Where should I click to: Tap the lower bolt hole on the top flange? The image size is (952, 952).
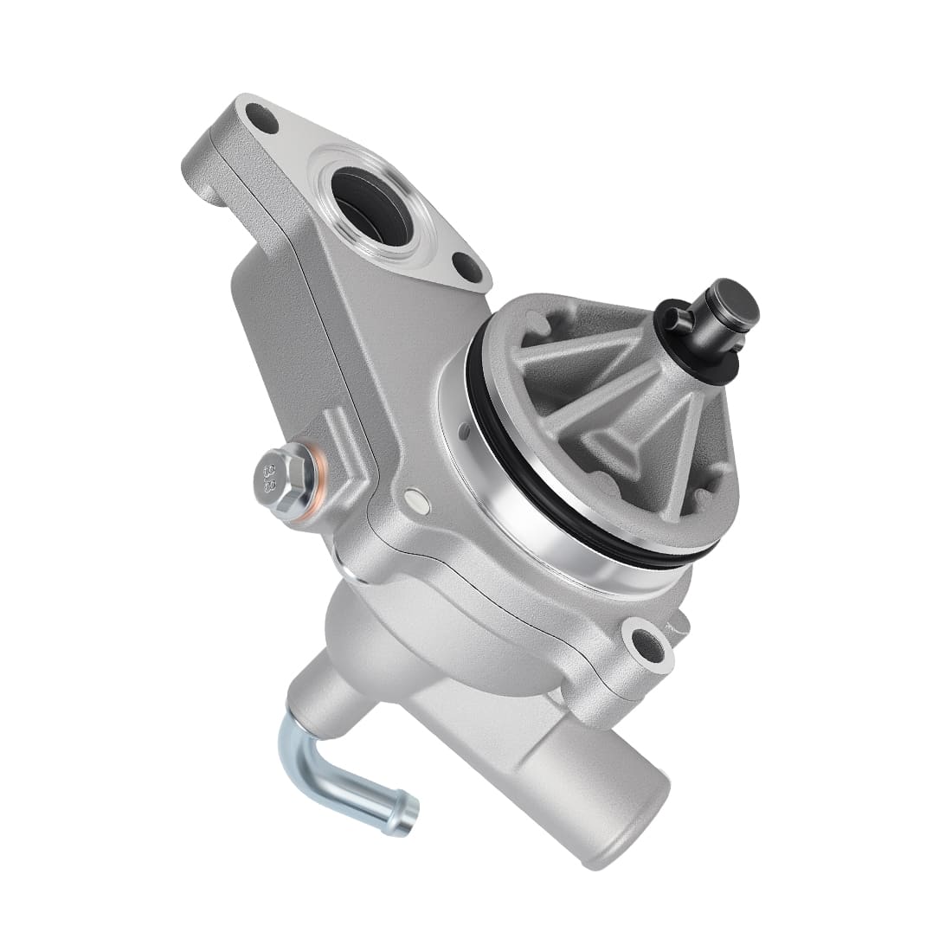(468, 267)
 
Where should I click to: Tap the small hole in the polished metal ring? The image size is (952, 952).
(462, 430)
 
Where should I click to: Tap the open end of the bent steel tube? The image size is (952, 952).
(408, 817)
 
